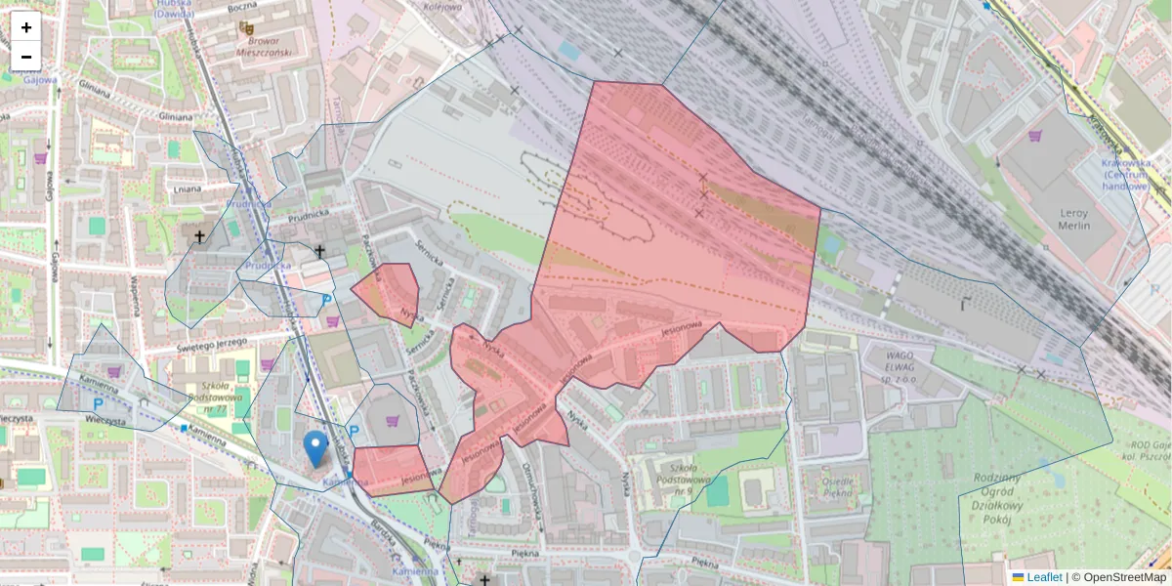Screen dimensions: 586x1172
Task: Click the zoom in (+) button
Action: (x=26, y=27)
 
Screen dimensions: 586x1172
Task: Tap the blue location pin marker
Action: (x=314, y=448)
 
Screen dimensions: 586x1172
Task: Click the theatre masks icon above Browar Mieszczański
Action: (x=245, y=27)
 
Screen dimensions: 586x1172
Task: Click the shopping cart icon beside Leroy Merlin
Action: (x=1035, y=136)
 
